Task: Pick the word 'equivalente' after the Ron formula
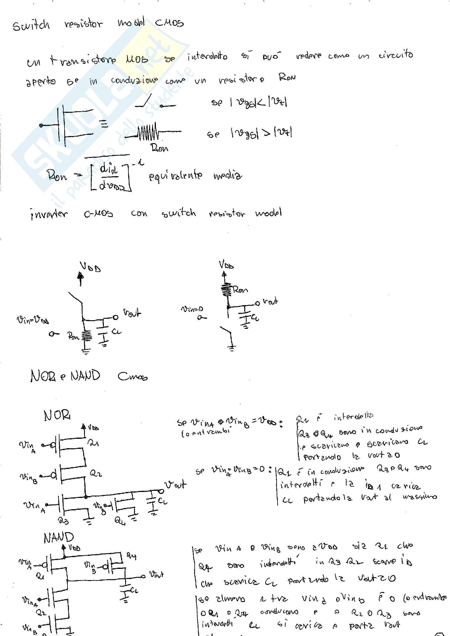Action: pos(175,176)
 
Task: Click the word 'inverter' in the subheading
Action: pos(49,214)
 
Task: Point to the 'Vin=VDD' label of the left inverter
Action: pos(33,320)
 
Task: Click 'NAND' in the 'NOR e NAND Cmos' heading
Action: pos(85,376)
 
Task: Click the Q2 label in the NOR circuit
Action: pos(96,473)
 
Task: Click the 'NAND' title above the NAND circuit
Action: pos(59,538)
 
